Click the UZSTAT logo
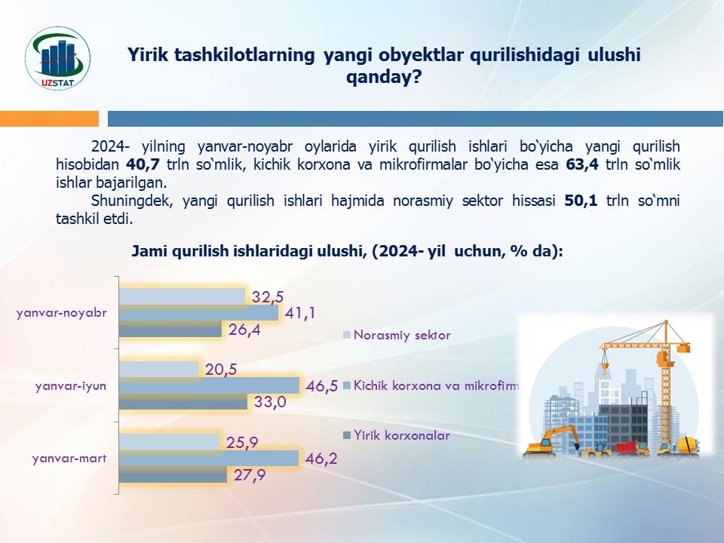point(58,58)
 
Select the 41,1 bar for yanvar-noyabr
point(198,312)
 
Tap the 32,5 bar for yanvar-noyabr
point(182,296)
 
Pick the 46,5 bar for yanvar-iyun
point(209,385)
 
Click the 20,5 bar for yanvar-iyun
point(158,370)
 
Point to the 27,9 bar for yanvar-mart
point(173,474)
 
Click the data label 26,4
point(244,330)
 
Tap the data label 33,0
point(270,402)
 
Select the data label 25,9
point(242,443)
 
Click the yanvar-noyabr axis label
point(62,312)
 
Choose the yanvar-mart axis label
point(69,459)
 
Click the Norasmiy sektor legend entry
point(397,335)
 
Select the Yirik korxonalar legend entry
point(396,435)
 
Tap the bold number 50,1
point(581,201)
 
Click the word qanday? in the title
point(384,77)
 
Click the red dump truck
point(632,448)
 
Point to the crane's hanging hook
point(604,368)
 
